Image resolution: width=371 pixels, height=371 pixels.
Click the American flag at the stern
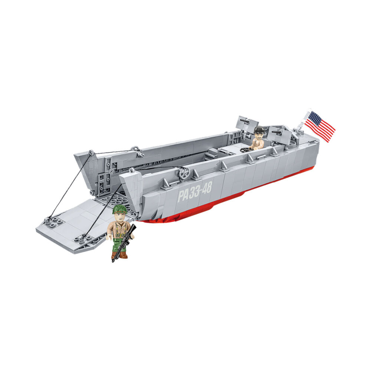320,127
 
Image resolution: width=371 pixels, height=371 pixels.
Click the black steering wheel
246,150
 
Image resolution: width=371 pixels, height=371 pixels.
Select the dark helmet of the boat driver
259,130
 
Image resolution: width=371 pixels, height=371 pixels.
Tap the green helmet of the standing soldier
120,209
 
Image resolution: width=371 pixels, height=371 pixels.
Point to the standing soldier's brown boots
120,255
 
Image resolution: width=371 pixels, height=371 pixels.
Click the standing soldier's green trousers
120,245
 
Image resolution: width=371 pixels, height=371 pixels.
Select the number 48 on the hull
206,188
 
